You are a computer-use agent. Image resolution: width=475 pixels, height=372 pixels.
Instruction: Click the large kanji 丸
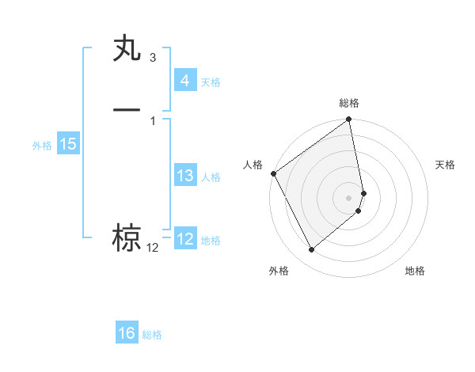click(127, 50)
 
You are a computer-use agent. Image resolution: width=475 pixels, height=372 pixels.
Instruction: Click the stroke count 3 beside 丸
click(152, 59)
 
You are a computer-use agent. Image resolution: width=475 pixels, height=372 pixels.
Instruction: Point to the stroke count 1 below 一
click(152, 120)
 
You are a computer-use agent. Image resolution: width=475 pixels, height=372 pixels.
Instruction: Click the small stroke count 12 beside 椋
click(152, 248)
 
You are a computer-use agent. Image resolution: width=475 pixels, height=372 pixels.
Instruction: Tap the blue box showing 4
click(184, 81)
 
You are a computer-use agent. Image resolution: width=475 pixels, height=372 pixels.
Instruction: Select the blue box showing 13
click(184, 176)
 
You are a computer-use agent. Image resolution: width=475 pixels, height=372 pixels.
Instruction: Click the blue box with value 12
click(184, 239)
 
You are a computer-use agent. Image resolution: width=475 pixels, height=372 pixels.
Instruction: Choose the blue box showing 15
click(67, 144)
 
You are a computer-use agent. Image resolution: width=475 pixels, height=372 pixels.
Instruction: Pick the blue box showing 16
click(127, 334)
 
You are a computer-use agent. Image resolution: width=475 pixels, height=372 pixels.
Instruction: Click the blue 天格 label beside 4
click(211, 82)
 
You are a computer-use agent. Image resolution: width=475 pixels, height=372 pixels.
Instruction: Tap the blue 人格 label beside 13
click(211, 177)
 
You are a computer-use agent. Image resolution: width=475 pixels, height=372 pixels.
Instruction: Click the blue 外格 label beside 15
click(42, 146)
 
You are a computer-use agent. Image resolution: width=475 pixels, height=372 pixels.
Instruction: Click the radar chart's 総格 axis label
click(349, 103)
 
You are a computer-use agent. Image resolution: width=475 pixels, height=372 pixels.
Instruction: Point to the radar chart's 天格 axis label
click(446, 165)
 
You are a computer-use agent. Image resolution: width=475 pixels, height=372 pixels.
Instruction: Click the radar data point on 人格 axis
click(273, 173)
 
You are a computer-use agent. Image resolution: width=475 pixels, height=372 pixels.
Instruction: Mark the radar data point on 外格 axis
click(311, 250)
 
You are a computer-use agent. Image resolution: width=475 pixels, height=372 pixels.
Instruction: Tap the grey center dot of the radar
click(349, 197)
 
